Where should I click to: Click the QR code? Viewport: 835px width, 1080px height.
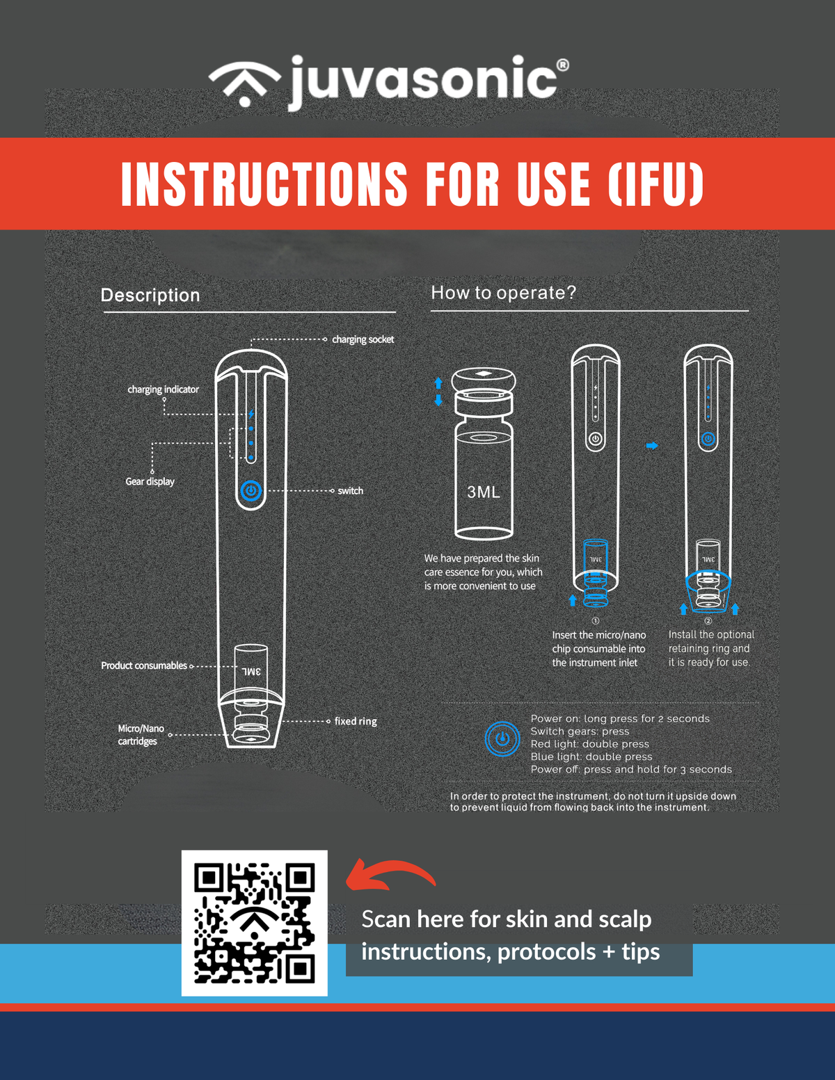(x=254, y=923)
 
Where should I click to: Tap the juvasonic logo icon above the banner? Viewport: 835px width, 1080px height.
(x=245, y=83)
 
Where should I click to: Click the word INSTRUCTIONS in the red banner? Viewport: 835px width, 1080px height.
(x=264, y=184)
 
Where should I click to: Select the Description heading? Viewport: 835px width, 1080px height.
(x=150, y=296)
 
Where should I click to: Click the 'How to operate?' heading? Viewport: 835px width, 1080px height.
(x=503, y=293)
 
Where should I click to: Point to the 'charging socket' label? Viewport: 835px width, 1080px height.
(x=363, y=339)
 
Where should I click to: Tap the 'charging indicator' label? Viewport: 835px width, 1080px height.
(x=163, y=389)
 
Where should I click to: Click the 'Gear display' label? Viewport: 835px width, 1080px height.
(x=150, y=481)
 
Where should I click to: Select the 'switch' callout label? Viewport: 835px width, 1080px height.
(x=350, y=490)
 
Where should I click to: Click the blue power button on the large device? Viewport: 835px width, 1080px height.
(x=251, y=490)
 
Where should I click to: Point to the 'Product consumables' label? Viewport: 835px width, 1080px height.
(x=144, y=666)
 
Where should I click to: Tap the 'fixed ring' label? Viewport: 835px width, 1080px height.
(x=356, y=721)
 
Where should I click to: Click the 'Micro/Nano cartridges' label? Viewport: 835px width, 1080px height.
(x=141, y=734)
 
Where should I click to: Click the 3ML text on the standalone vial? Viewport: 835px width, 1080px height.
(x=484, y=492)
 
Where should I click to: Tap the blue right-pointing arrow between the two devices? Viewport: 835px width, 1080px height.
(x=652, y=446)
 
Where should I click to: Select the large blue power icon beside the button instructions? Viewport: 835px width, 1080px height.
(x=502, y=739)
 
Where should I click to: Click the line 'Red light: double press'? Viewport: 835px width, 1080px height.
(x=589, y=744)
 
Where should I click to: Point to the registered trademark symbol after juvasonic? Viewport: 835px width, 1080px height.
(x=562, y=65)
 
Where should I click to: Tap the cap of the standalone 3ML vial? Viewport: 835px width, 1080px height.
(x=484, y=380)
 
